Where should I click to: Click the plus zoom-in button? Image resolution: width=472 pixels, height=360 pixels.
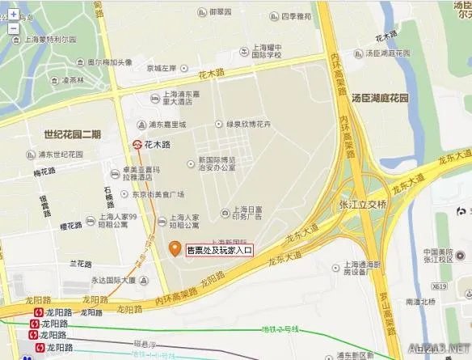[13, 14]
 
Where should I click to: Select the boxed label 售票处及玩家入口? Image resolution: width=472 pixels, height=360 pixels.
[220, 251]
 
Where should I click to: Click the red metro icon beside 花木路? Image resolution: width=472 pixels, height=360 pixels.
[137, 144]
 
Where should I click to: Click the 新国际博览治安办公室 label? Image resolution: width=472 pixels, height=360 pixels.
[217, 163]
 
